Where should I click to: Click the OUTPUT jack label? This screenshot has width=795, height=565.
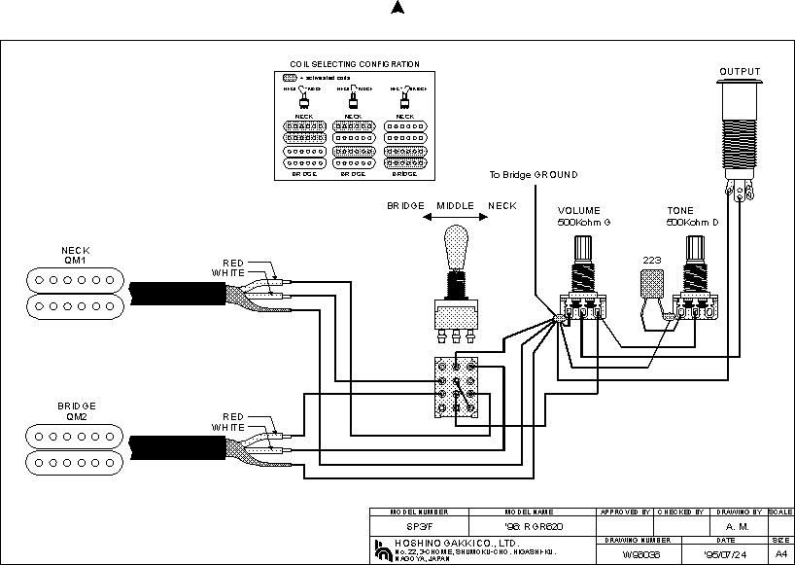(740, 71)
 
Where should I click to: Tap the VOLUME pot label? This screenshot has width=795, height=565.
(578, 210)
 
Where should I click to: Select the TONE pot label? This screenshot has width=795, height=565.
(680, 210)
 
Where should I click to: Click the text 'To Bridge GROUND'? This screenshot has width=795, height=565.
(533, 175)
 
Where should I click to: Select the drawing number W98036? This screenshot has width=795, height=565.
(637, 554)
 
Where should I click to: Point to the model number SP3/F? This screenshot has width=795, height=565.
(419, 526)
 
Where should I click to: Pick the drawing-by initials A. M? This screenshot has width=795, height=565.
(737, 526)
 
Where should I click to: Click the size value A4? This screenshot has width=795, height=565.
(781, 554)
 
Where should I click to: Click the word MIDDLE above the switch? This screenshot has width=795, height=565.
(454, 206)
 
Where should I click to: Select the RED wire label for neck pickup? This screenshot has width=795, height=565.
(233, 263)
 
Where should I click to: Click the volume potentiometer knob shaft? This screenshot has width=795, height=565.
(584, 248)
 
